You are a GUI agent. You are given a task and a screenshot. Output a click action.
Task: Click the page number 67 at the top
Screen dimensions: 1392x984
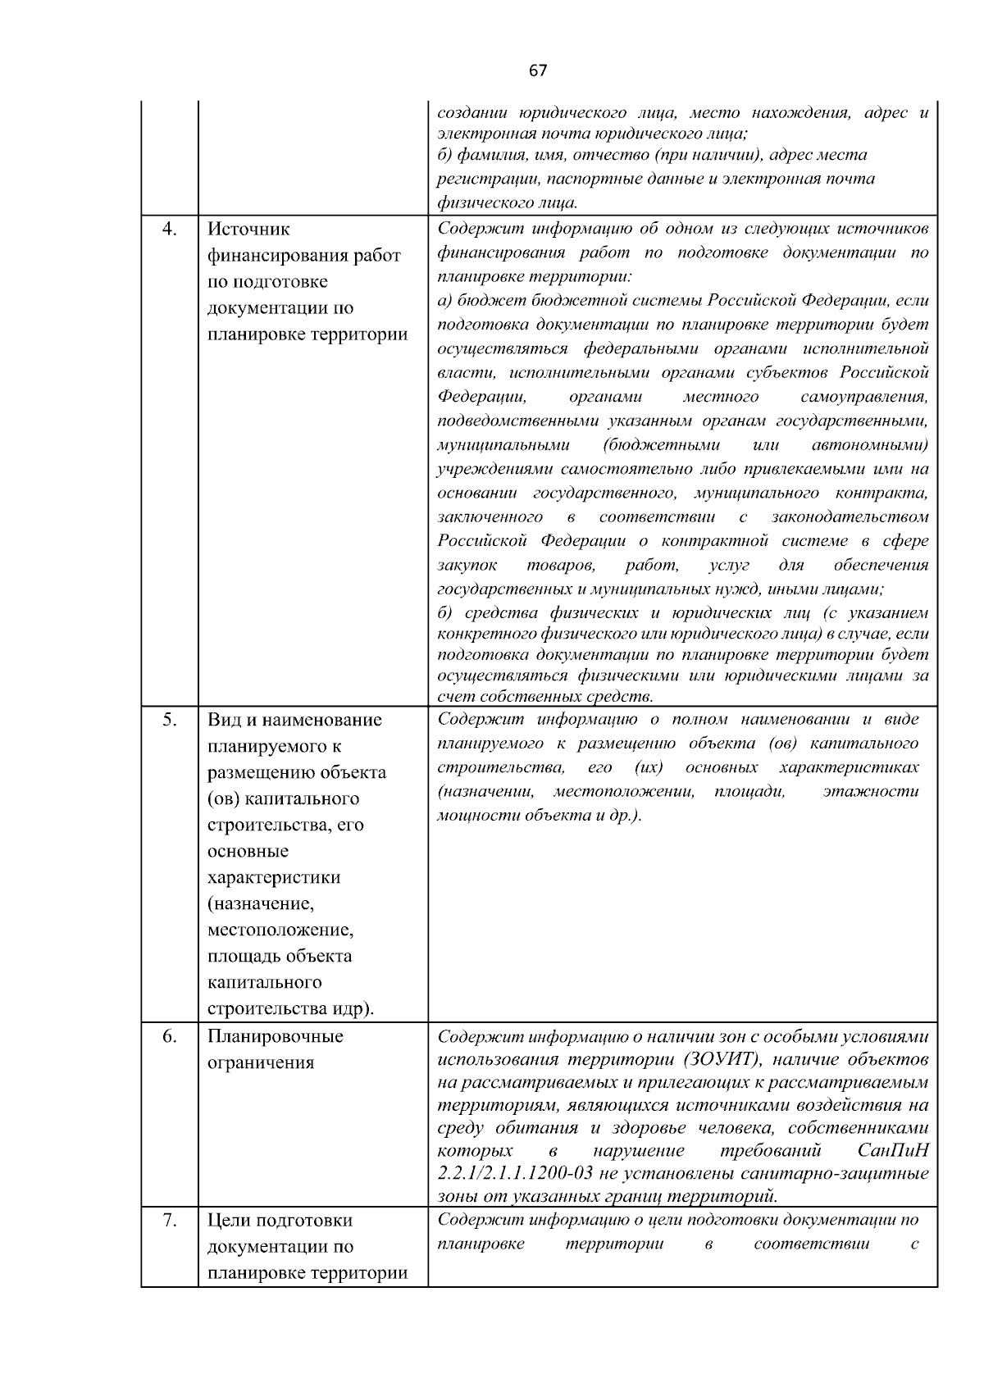tap(537, 71)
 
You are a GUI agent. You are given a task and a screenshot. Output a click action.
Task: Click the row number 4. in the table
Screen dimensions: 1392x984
tap(169, 229)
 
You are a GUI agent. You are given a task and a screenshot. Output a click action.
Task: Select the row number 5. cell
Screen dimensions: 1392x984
tap(169, 719)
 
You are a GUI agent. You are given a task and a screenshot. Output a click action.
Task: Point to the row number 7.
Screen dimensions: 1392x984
tap(169, 1220)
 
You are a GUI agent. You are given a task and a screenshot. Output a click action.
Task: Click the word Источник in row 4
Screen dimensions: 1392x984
tap(248, 230)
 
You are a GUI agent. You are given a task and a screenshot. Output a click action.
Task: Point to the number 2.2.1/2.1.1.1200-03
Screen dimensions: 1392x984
tap(516, 1173)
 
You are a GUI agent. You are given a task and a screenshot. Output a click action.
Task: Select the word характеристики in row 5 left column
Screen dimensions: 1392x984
tap(274, 877)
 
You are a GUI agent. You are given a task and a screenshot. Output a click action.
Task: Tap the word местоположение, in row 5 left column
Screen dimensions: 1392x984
tap(280, 930)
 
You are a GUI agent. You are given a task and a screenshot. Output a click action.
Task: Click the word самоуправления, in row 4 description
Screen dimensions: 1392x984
tap(864, 397)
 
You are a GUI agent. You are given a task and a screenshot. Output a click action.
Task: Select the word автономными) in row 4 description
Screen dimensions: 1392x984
tap(869, 445)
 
